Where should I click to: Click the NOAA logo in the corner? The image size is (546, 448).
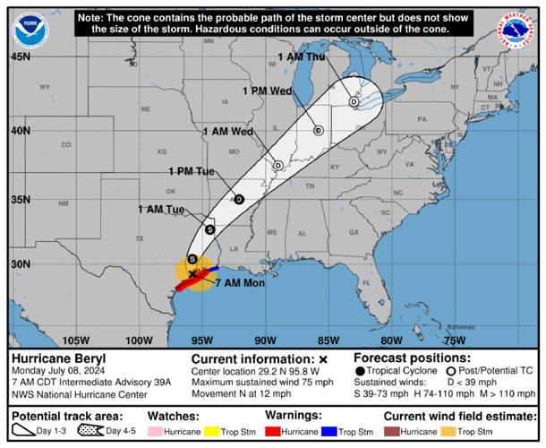pyautogui.click(x=30, y=30)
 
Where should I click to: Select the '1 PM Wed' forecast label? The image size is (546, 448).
pyautogui.click(x=268, y=90)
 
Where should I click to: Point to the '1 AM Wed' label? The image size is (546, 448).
pyautogui.click(x=228, y=131)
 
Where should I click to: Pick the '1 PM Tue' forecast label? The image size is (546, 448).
pyautogui.click(x=192, y=170)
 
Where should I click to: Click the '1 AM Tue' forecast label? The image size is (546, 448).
pyautogui.click(x=161, y=209)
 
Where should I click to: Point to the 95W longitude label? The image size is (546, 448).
pyautogui.click(x=201, y=340)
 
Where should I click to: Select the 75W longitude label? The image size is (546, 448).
pyautogui.click(x=455, y=340)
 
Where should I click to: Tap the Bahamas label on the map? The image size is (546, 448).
pyautogui.click(x=461, y=327)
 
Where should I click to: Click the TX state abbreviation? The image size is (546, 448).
pyautogui.click(x=139, y=239)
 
